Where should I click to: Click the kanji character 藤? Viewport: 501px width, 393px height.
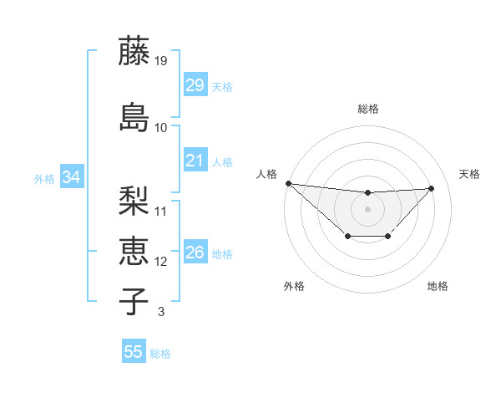click(x=135, y=52)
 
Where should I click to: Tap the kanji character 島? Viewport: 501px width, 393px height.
click(x=135, y=117)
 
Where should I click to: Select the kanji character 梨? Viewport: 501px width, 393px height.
click(x=135, y=201)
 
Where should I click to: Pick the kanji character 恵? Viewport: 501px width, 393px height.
click(x=135, y=251)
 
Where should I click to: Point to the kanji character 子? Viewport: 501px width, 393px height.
click(x=135, y=300)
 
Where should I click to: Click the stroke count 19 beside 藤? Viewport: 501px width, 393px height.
click(x=161, y=61)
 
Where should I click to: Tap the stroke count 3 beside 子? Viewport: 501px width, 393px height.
click(x=160, y=312)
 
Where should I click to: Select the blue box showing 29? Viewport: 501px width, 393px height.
click(x=195, y=85)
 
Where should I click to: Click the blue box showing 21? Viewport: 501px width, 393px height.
click(x=195, y=160)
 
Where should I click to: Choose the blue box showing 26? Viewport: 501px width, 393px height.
click(x=195, y=253)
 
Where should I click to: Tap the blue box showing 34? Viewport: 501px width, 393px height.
click(x=71, y=177)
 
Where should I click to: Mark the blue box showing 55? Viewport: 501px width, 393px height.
click(x=134, y=352)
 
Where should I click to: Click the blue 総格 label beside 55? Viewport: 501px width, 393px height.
click(x=160, y=354)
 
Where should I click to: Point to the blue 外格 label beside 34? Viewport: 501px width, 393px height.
click(x=44, y=178)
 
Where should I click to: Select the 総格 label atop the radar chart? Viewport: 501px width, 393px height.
click(x=368, y=109)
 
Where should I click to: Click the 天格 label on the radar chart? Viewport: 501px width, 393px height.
click(x=469, y=174)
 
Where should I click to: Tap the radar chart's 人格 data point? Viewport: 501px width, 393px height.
click(x=288, y=183)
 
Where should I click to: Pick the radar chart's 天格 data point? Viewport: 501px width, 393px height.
click(x=431, y=188)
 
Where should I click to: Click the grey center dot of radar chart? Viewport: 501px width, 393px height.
click(x=367, y=209)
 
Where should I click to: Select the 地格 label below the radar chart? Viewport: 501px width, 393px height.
click(x=438, y=286)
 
